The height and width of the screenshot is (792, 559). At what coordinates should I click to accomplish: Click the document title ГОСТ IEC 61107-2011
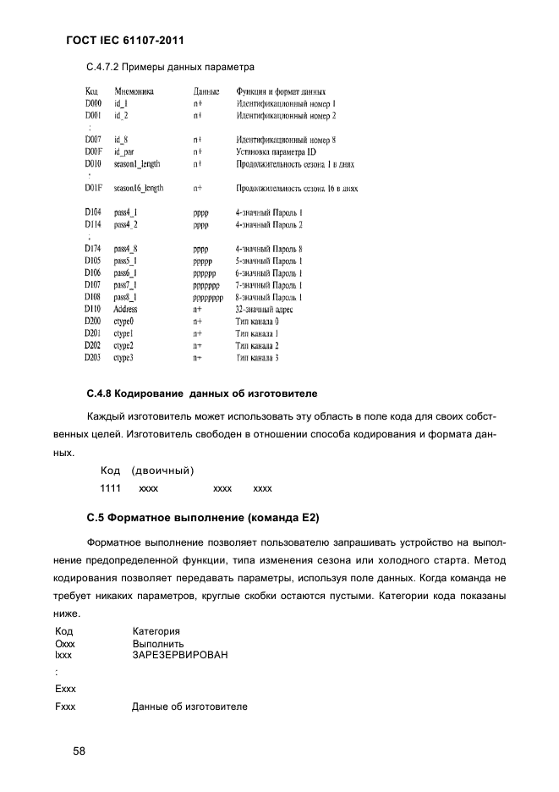(124, 40)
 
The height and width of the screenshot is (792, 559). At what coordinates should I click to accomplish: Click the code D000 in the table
(93, 103)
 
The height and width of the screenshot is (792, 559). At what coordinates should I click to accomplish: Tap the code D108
(93, 298)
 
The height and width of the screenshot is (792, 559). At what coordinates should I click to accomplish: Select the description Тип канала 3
(257, 358)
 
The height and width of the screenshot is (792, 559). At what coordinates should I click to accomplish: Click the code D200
(93, 322)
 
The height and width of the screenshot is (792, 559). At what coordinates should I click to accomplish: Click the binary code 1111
(110, 488)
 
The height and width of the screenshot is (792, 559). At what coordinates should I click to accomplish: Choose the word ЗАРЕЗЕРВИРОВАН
(180, 655)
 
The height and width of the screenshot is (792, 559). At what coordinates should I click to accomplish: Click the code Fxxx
(65, 706)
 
